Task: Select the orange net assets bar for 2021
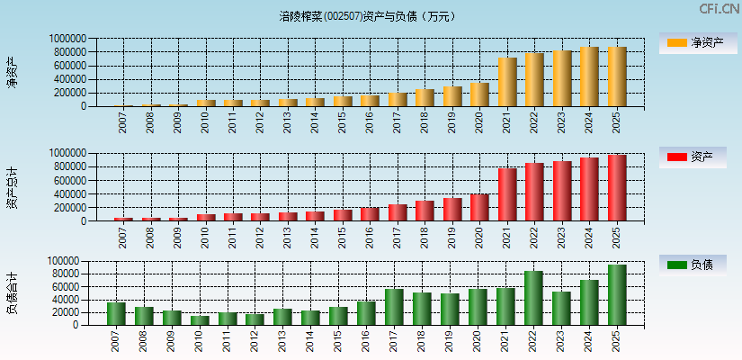tap(507, 82)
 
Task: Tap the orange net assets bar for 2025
tap(617, 76)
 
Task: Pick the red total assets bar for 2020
tap(479, 207)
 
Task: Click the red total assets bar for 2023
tap(562, 191)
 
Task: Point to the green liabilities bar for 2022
tap(533, 298)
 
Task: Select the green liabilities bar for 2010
tap(200, 319)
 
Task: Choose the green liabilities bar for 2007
tap(116, 313)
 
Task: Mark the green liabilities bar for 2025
tap(617, 294)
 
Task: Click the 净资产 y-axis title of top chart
tap(12, 72)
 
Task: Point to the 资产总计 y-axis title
tap(12, 187)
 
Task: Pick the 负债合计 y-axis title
tap(12, 292)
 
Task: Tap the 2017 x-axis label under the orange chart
tap(397, 121)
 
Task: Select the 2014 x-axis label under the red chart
tap(315, 237)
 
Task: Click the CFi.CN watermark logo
tap(719, 9)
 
